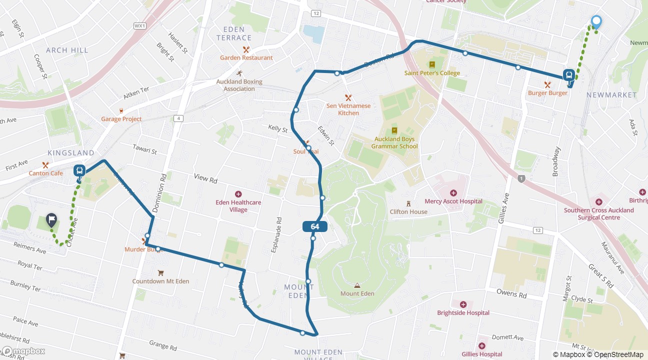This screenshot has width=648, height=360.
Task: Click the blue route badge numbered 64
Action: (x=314, y=226)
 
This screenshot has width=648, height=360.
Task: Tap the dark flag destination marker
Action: (x=51, y=219)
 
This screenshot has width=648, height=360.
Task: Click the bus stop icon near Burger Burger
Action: (x=568, y=75)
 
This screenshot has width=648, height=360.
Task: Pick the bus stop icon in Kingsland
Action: (x=79, y=170)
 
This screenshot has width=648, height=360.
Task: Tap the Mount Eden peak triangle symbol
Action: (x=357, y=285)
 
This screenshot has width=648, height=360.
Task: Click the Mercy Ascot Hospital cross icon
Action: (x=453, y=193)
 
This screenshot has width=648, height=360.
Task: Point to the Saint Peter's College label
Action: (x=432, y=73)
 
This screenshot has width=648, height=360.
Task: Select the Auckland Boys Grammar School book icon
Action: (x=394, y=130)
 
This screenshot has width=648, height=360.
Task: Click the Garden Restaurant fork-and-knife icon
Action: (x=246, y=49)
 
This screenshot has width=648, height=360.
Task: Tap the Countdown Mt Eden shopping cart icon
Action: (x=160, y=273)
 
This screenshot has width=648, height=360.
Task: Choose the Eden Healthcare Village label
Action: (x=238, y=206)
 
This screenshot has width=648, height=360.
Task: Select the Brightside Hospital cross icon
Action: (x=463, y=304)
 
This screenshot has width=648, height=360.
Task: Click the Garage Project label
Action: (x=121, y=119)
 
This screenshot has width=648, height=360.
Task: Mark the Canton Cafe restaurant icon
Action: (x=45, y=165)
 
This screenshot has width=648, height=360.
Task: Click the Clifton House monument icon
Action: (x=408, y=203)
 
